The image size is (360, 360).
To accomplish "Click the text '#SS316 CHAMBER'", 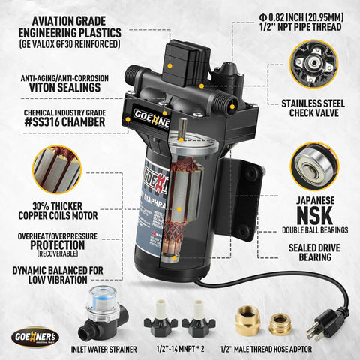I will (x=61, y=122).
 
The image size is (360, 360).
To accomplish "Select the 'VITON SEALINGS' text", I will (x=61, y=87).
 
